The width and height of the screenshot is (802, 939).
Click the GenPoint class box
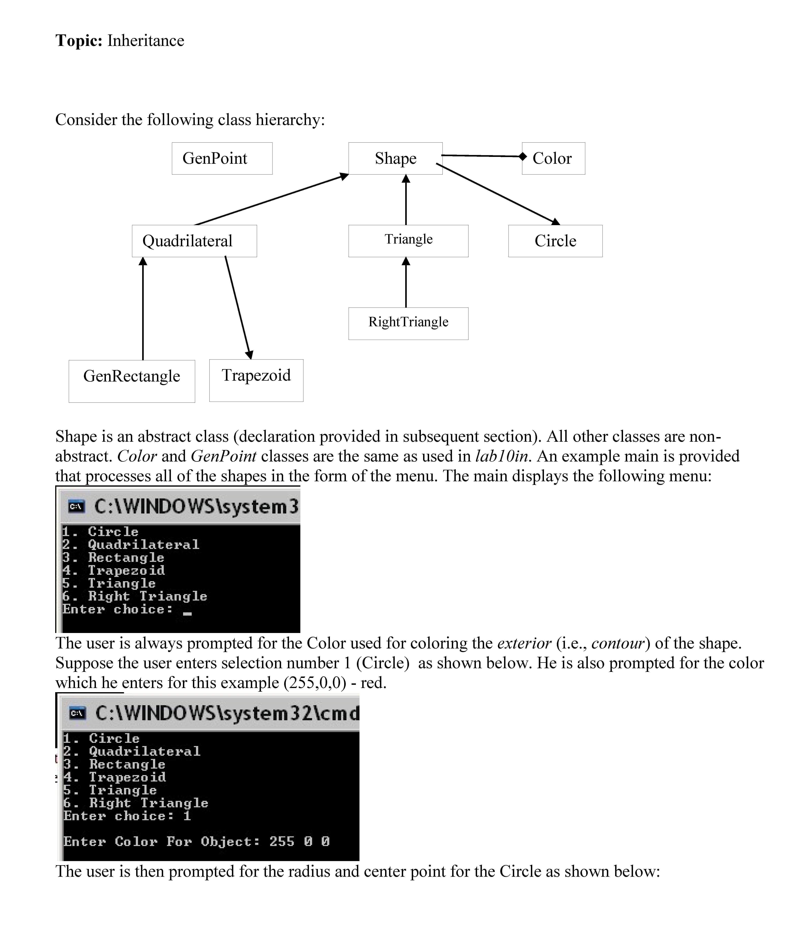(222, 159)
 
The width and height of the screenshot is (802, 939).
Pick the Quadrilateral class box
(194, 241)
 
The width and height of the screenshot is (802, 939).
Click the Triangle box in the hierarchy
(408, 241)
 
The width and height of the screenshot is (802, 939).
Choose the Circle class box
(555, 241)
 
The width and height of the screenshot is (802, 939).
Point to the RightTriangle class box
(408, 324)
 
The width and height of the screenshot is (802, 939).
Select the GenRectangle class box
(132, 381)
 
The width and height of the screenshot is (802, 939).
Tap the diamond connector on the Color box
(523, 156)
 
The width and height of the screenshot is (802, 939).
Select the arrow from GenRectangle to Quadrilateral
(143, 308)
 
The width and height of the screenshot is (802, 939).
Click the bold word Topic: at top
(79, 41)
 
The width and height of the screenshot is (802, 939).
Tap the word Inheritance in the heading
(146, 41)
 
